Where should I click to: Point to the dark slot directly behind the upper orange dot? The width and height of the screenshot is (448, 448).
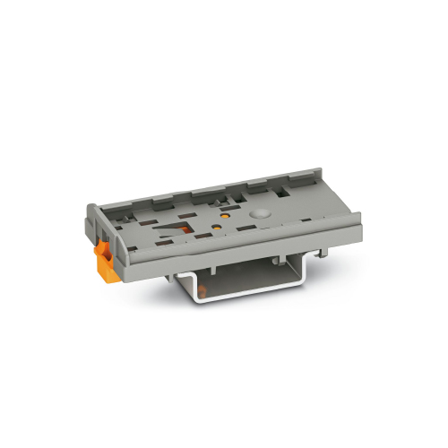[x=221, y=203]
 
